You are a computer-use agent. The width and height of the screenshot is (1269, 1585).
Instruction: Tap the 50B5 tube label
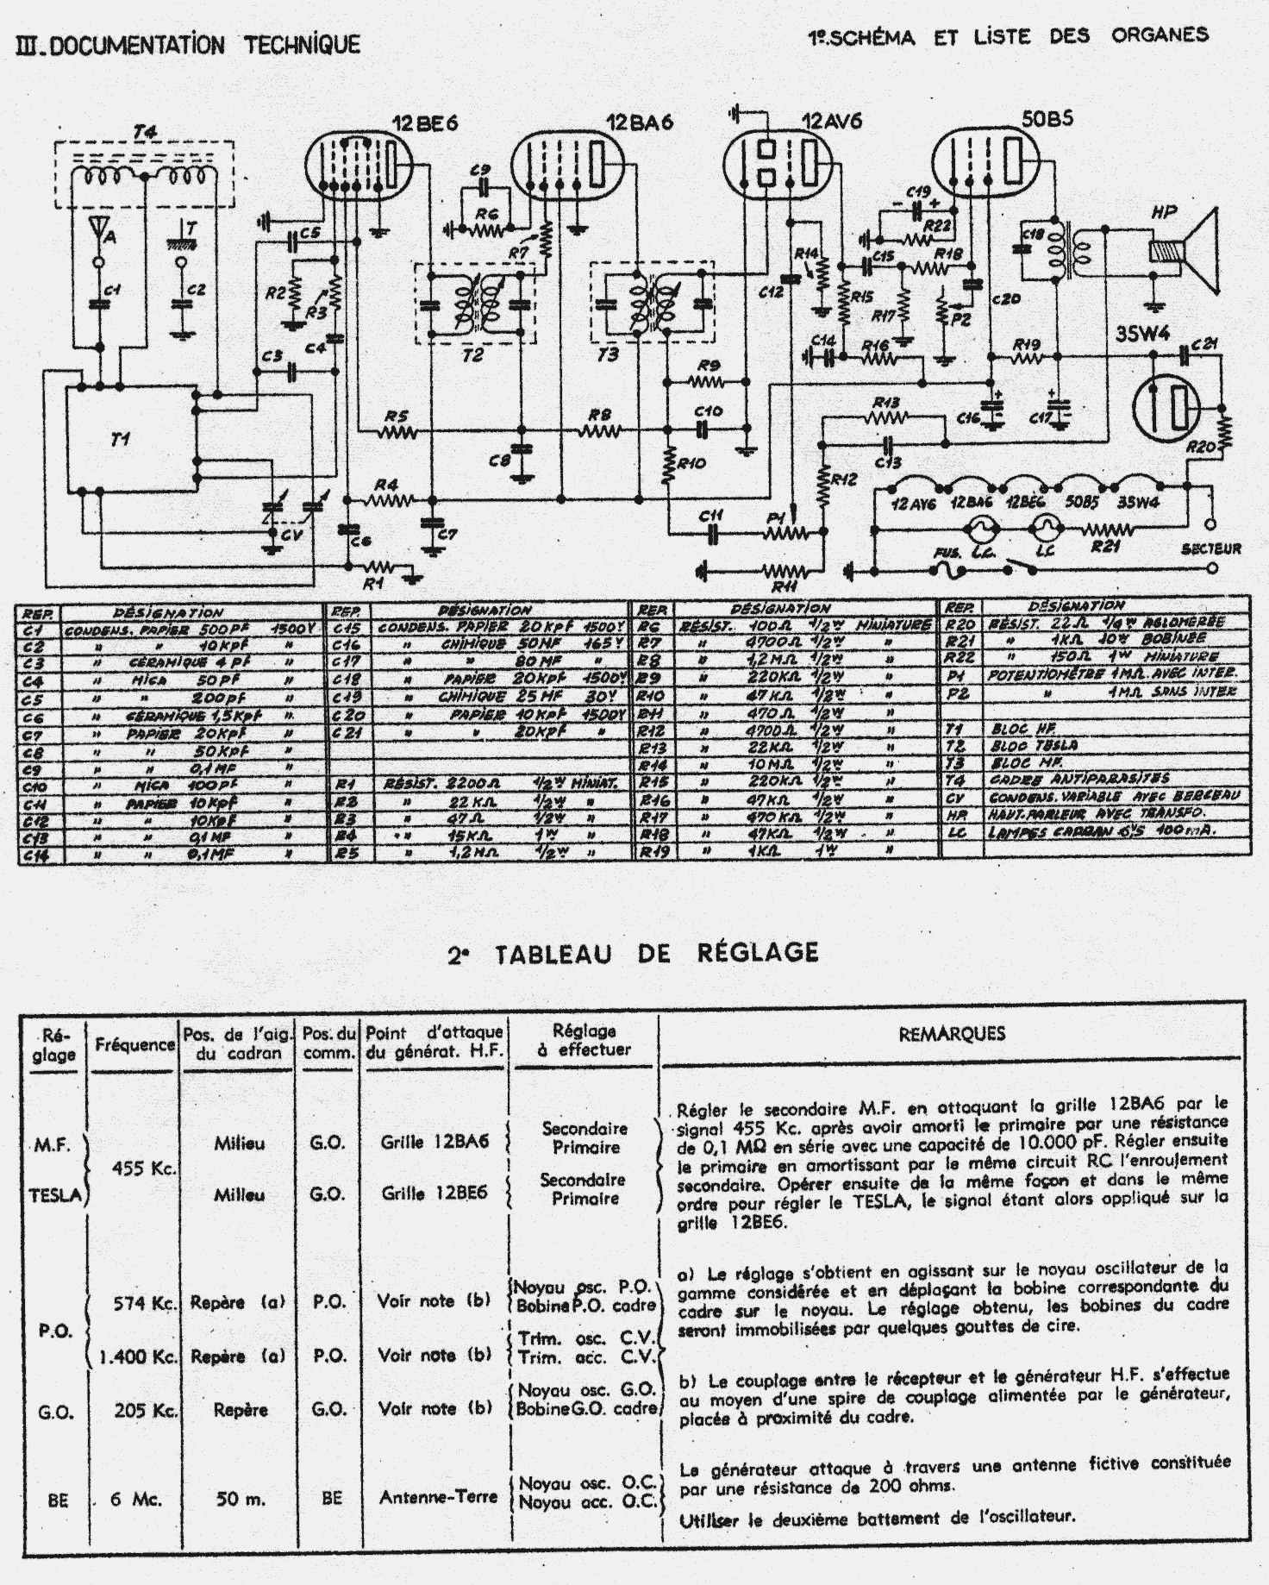[1047, 119]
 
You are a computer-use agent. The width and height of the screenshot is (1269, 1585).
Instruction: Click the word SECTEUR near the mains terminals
[1211, 548]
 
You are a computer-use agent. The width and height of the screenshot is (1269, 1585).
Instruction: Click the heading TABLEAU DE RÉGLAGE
[633, 953]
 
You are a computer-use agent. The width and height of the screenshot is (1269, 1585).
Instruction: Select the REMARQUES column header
[951, 1034]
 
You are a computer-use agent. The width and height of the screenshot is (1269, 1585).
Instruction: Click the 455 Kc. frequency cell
[145, 1168]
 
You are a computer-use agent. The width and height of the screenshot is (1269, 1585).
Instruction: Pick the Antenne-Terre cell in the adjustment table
[438, 1497]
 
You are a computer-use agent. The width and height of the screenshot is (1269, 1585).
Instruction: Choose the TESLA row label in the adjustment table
[54, 1194]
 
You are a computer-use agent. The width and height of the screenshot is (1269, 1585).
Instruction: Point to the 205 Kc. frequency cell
[146, 1411]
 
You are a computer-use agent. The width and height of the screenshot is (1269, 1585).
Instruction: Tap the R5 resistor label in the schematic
[396, 417]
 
